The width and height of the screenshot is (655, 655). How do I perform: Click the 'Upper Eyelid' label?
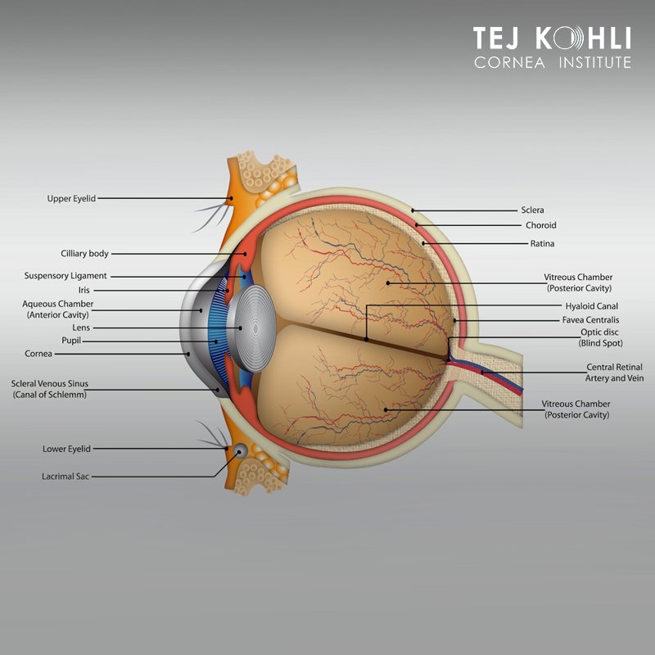click(71, 198)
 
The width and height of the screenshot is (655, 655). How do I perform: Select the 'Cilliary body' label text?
click(84, 254)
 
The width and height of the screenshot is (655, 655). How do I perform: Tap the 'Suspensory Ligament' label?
click(65, 276)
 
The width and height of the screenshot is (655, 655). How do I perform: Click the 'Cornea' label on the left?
click(38, 354)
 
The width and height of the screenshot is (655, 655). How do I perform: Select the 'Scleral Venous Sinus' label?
click(48, 383)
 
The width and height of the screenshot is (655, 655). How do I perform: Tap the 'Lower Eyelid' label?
click(66, 449)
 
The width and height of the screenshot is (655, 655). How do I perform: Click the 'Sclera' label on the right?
click(532, 210)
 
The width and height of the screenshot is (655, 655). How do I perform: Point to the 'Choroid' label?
click(540, 225)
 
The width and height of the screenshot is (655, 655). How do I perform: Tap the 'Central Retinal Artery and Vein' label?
click(614, 373)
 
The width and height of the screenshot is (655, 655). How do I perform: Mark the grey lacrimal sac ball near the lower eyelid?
click(241, 450)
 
